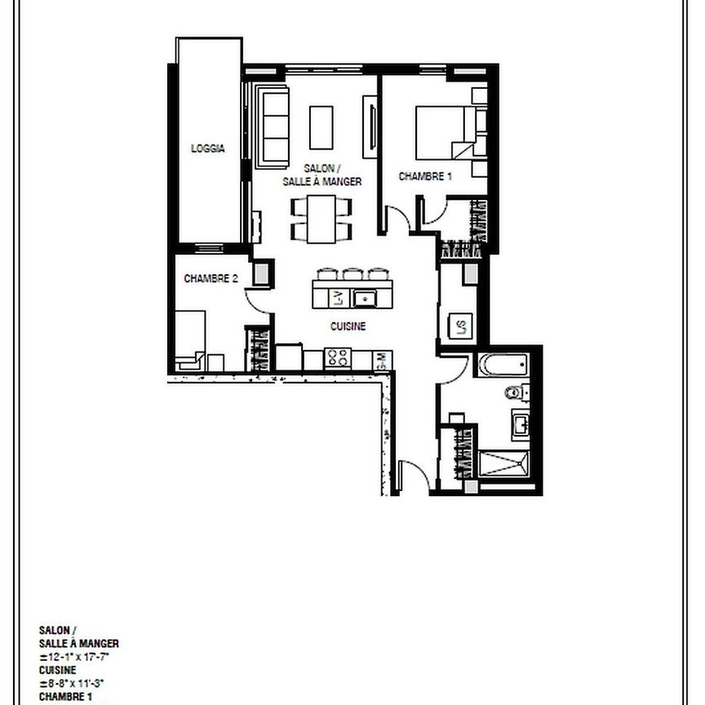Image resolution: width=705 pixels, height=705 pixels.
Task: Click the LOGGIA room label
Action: tap(207, 149)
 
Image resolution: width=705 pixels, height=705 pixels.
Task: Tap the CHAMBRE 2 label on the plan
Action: tap(211, 278)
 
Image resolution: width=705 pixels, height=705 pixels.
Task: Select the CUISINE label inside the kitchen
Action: tap(348, 326)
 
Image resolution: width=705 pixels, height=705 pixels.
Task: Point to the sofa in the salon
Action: tap(273, 126)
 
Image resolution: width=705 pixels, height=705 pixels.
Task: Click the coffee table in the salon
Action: tap(321, 126)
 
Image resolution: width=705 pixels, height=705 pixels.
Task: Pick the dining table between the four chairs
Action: tap(322, 219)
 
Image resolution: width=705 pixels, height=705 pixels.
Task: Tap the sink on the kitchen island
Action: tap(363, 298)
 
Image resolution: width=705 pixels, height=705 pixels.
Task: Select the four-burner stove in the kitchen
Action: tap(338, 357)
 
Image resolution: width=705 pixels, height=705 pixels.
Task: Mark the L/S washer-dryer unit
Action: tap(460, 328)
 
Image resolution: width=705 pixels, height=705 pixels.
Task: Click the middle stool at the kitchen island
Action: tap(352, 275)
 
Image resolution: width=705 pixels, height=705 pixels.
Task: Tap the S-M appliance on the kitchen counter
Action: tap(382, 358)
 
